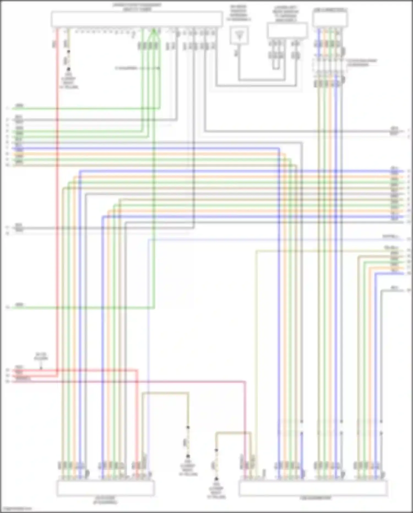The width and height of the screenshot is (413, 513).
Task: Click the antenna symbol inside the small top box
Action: click(x=239, y=35)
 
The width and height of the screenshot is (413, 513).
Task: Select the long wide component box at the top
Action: click(x=137, y=19)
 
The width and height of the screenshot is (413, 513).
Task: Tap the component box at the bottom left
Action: click(x=105, y=488)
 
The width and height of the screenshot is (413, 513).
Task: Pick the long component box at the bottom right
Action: click(x=313, y=488)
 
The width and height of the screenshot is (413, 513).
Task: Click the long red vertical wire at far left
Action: click(x=58, y=221)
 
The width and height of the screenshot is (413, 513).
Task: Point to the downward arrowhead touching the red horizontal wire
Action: click(x=41, y=367)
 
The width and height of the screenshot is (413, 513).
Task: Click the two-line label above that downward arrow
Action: click(x=41, y=357)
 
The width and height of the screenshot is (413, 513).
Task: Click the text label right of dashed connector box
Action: click(x=362, y=63)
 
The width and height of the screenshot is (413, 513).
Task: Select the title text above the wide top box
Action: click(x=137, y=7)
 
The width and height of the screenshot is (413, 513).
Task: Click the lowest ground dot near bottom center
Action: click(x=216, y=479)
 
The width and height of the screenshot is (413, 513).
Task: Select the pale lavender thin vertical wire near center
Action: click(x=148, y=331)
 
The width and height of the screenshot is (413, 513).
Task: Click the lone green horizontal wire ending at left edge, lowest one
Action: click(x=83, y=307)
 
